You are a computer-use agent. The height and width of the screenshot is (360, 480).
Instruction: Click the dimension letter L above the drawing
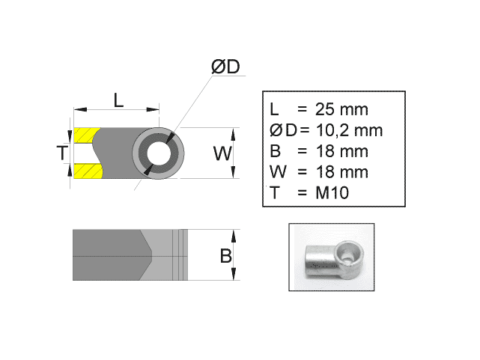118,99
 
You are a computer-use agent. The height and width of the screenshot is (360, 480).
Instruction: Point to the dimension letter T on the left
62,154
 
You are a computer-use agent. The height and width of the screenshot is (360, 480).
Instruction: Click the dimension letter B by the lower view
225,256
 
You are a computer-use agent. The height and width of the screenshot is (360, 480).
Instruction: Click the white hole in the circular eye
158,153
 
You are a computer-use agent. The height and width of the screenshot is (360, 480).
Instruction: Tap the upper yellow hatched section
85,136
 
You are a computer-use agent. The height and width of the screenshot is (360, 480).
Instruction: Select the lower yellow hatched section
85,171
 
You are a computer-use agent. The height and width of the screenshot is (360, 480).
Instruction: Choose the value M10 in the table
332,193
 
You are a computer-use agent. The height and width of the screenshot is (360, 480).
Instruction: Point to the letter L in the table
275,109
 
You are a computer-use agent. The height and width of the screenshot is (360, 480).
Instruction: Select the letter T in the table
275,193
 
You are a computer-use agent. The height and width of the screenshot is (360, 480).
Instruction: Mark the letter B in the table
275,151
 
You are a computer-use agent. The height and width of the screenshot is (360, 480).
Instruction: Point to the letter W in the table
276,172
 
